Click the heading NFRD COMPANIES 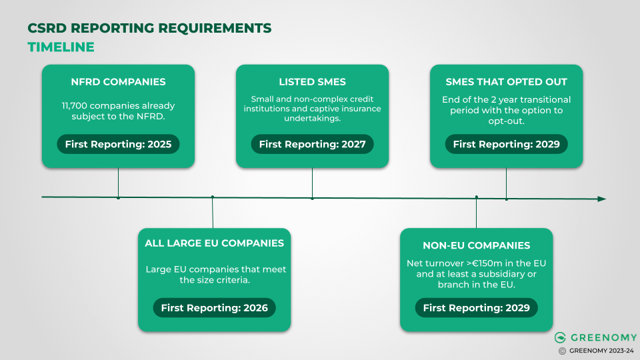pyautogui.click(x=118, y=82)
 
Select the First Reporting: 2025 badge pyautogui.click(x=118, y=144)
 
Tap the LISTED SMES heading pyautogui.click(x=312, y=82)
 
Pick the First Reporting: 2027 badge pyautogui.click(x=312, y=144)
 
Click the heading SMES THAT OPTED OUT pyautogui.click(x=506, y=82)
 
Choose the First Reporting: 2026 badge pyautogui.click(x=214, y=307)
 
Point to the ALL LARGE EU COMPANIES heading pyautogui.click(x=214, y=243)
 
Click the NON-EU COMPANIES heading pyautogui.click(x=476, y=245)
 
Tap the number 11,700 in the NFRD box pyautogui.click(x=75, y=105)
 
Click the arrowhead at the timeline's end pyautogui.click(x=601, y=199)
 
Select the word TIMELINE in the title pyautogui.click(x=61, y=47)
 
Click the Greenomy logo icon pyautogui.click(x=561, y=338)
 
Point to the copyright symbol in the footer pyautogui.click(x=562, y=351)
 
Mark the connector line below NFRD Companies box pyautogui.click(x=118, y=182)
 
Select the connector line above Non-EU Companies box pyautogui.click(x=476, y=213)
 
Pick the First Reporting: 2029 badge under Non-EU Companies pyautogui.click(x=476, y=307)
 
